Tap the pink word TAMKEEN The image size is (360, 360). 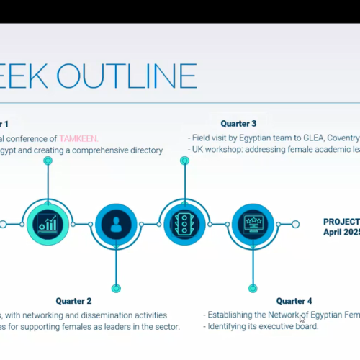80,138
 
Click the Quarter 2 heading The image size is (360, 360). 74,301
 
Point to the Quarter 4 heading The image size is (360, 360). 294,301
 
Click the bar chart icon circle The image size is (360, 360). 48,224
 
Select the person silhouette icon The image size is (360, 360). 114,224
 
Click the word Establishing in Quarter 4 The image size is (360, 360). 230,315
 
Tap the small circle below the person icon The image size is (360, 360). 114,288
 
